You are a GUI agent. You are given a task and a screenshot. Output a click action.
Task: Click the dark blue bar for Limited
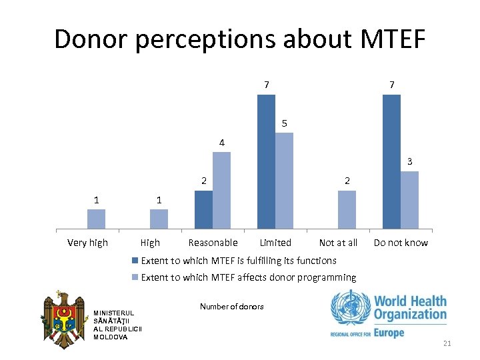(x=266, y=162)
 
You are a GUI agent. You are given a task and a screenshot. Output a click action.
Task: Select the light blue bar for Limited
(x=284, y=181)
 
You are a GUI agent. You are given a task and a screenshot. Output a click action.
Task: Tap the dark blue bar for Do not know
(x=391, y=162)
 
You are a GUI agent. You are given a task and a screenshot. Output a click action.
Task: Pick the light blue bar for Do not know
(x=409, y=200)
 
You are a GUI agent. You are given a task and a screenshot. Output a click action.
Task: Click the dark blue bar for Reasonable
(x=203, y=210)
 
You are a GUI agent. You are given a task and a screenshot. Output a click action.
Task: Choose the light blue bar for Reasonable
(x=221, y=191)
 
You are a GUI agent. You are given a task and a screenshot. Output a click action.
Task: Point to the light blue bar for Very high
(x=97, y=219)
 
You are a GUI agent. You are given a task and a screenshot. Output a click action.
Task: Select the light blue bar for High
(x=159, y=219)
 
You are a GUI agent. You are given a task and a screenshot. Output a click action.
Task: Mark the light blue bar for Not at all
(x=347, y=210)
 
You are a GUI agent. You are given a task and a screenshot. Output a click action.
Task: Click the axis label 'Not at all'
(x=338, y=243)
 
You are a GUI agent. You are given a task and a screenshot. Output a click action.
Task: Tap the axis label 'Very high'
(x=87, y=243)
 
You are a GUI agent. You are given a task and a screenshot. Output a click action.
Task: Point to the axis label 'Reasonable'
(x=213, y=243)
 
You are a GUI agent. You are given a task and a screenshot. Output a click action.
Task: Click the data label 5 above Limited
(x=284, y=123)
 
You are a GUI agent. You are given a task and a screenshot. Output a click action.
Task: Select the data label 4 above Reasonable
(x=221, y=143)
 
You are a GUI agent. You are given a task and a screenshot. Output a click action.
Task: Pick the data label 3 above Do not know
(x=410, y=161)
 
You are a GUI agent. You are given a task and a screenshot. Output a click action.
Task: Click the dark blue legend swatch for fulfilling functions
(x=135, y=261)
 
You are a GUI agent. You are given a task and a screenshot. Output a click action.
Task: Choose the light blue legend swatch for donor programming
(x=135, y=277)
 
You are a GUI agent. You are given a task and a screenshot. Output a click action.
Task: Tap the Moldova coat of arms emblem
(x=64, y=321)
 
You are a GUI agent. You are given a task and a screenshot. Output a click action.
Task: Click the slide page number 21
(x=447, y=343)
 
